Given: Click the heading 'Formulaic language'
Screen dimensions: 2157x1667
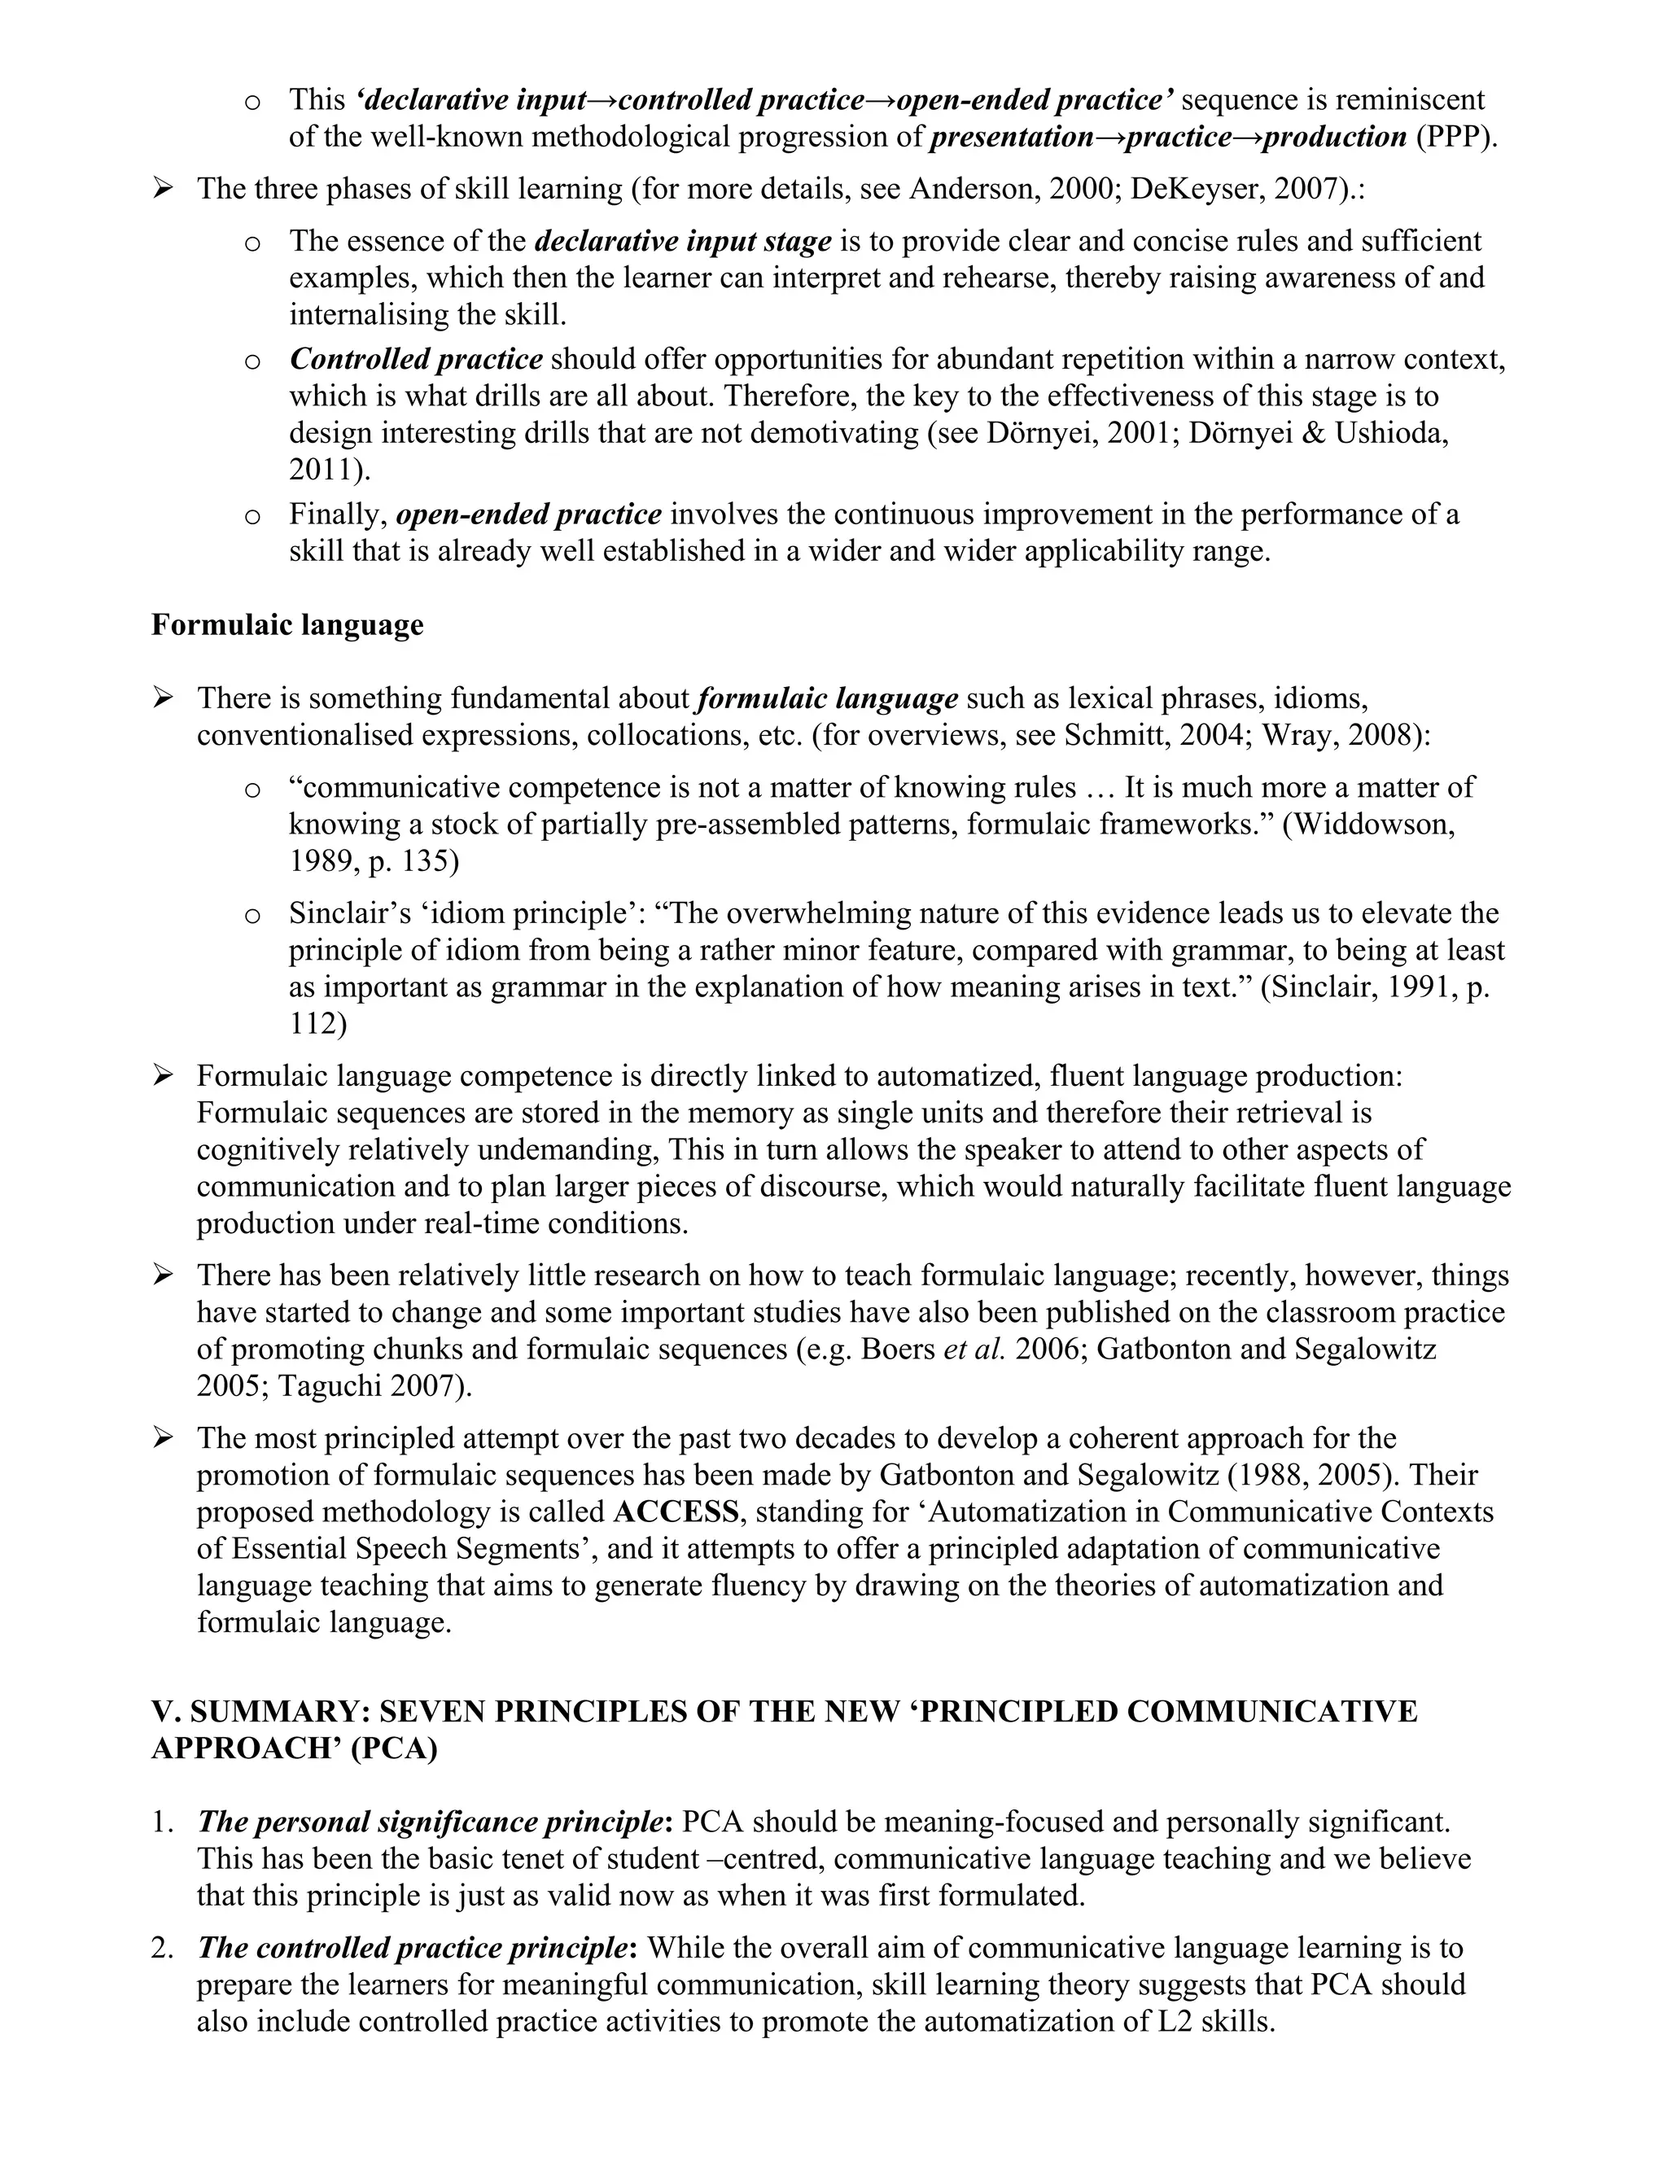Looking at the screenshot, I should click(x=287, y=625).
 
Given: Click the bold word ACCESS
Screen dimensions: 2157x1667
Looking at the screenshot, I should click(x=676, y=1512).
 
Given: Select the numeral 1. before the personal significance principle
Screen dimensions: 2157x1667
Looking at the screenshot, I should click(x=162, y=1821).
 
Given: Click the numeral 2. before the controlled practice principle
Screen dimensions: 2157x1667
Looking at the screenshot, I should click(x=162, y=1948).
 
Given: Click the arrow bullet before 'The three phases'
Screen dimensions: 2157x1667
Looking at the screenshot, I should click(x=163, y=188).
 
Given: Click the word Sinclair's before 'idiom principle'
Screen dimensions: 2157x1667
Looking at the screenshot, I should click(x=349, y=913).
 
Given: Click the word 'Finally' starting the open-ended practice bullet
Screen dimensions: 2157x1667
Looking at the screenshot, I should click(x=337, y=514).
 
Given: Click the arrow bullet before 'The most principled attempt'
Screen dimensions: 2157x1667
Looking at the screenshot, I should click(x=163, y=1438).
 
